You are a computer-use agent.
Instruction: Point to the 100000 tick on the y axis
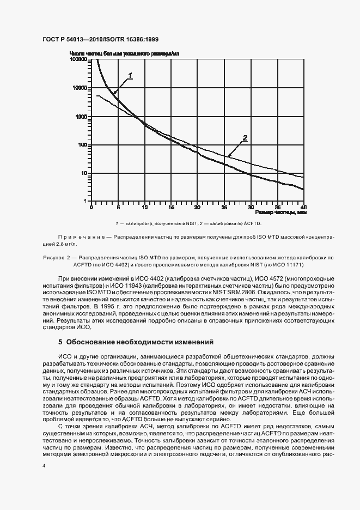coord(79,59)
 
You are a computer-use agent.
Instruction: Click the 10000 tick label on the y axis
coord(81,88)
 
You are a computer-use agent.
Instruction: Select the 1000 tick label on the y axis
coord(82,117)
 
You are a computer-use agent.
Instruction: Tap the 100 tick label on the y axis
coord(83,145)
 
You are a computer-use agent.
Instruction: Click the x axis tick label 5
coord(118,207)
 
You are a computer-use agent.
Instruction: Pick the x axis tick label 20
coord(198,207)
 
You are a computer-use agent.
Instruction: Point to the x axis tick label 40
coord(303,207)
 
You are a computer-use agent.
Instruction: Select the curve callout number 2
coord(245,138)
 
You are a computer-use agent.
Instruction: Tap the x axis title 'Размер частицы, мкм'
coord(280,212)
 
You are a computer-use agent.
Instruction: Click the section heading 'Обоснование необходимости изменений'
coord(140,342)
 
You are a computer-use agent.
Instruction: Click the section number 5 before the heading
coord(60,342)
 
